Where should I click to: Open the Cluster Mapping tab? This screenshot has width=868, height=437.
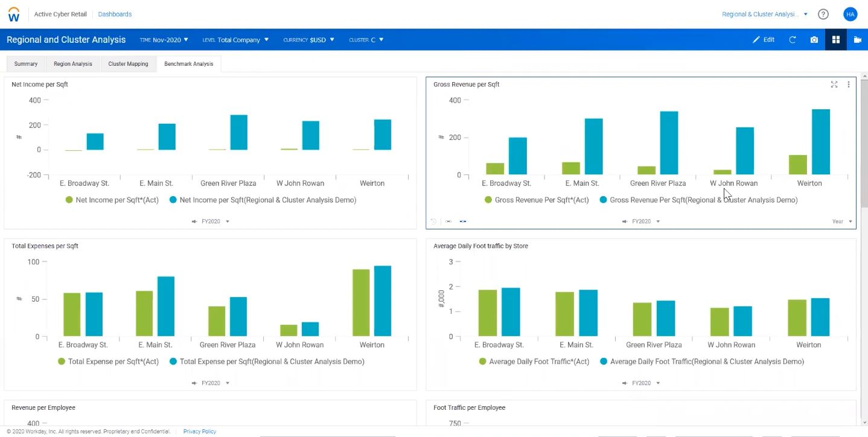click(128, 64)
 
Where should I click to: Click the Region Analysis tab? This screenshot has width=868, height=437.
click(72, 64)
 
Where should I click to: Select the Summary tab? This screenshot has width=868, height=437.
click(26, 64)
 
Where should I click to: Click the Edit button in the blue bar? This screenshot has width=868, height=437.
click(764, 40)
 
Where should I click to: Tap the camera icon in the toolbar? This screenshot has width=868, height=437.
click(814, 40)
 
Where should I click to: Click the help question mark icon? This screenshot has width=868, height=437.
click(823, 14)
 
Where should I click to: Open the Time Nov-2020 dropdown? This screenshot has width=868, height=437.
click(164, 40)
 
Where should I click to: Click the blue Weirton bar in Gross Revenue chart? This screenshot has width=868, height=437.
click(821, 142)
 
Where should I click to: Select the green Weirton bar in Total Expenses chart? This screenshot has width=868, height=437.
click(361, 302)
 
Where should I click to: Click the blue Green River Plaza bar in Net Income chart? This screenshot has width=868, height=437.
click(238, 132)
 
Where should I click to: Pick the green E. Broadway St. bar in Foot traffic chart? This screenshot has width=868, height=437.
click(487, 313)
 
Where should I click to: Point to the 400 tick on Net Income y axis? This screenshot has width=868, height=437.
click(34, 100)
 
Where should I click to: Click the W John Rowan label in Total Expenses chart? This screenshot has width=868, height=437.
click(299, 345)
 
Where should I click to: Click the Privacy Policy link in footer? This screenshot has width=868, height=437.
click(199, 432)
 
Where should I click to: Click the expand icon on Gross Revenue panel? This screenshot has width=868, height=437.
click(834, 85)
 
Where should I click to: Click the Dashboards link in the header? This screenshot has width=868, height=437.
click(115, 14)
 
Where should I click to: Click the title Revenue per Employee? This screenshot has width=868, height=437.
click(43, 407)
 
